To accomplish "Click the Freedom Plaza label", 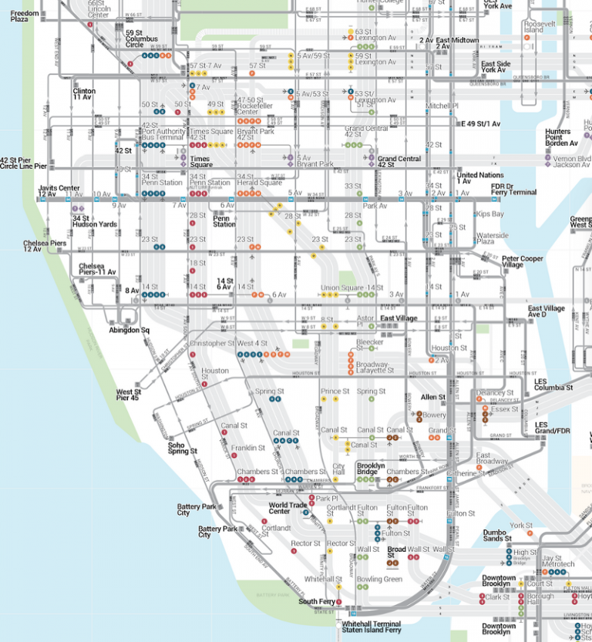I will pos(25,16).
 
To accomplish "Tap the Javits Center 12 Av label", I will pos(59,191).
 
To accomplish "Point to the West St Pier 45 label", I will pos(127,395).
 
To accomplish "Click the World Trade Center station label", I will pos(279,508).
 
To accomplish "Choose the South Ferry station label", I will pos(316,601).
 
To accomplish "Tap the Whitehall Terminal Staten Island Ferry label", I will pos(371,627).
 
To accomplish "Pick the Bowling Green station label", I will pos(378,579).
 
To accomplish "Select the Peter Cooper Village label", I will pos(523,261).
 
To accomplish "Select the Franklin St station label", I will pos(248,448).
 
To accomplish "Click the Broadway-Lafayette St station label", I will pos(373,367).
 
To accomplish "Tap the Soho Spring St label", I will pos(183,448).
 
